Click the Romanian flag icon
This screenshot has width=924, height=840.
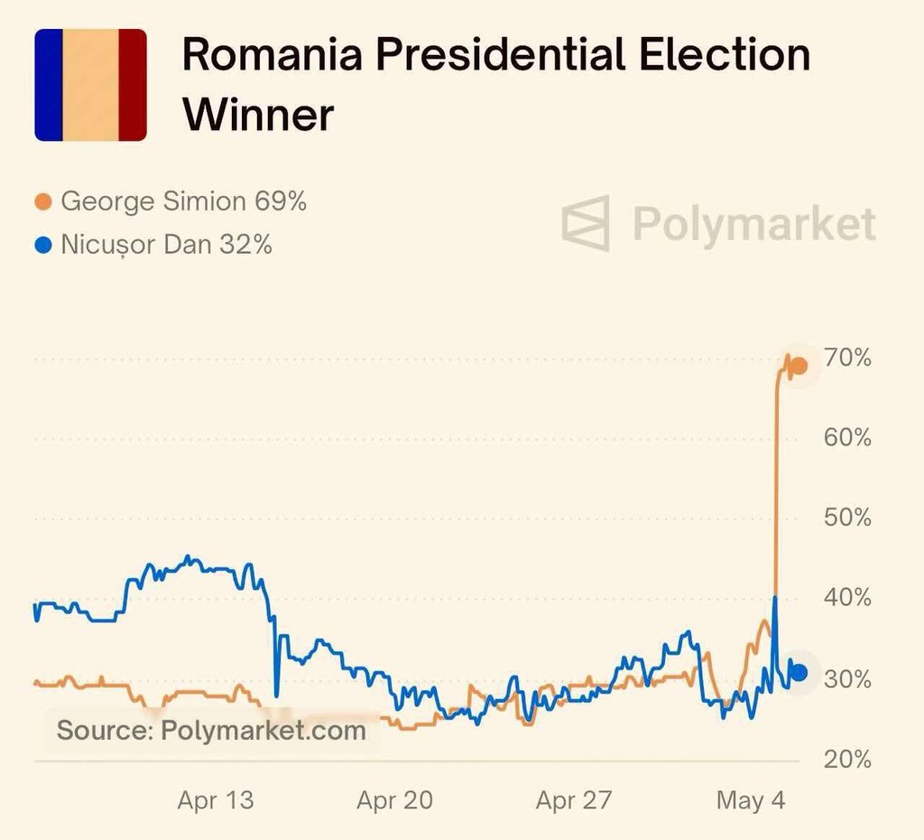[90, 85]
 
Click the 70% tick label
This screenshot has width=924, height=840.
[849, 359]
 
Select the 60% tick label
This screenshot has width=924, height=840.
[849, 438]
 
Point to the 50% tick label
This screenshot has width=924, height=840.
[849, 518]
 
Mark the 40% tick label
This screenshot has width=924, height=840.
[849, 598]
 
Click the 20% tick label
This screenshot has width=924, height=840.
[849, 760]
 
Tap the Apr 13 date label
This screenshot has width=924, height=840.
[216, 800]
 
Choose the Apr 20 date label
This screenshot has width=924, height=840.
[394, 800]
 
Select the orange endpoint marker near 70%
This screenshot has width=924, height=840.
[799, 365]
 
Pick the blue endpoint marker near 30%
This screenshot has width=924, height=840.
[799, 672]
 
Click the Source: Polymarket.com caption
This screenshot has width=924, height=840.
[211, 730]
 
